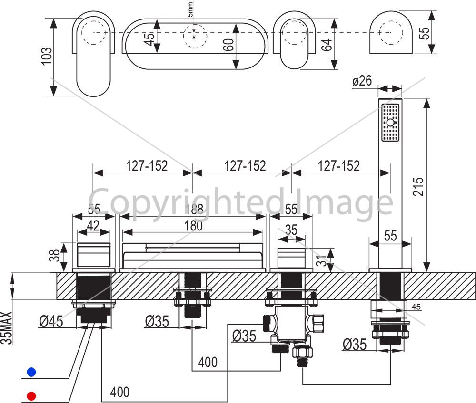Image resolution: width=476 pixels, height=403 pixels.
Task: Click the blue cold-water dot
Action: tap(31, 372)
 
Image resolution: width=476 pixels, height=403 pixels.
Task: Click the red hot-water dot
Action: tap(31, 396)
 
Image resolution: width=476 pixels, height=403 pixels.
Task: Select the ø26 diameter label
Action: tap(362, 81)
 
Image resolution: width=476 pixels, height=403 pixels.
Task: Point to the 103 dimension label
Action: tap(47, 56)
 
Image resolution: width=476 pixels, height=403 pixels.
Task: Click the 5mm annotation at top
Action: tap(190, 9)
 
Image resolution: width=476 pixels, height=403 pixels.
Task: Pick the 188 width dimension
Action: tap(194, 209)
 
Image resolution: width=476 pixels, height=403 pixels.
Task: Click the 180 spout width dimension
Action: tap(193, 225)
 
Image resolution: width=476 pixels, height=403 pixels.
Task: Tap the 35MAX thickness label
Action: tap(7, 327)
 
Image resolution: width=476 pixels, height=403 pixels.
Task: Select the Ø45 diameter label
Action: tap(51, 321)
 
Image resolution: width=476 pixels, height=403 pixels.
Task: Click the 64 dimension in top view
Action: tap(327, 45)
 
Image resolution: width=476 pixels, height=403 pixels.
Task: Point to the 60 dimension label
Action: tap(230, 45)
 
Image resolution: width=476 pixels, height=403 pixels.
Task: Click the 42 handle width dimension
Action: tap(93, 226)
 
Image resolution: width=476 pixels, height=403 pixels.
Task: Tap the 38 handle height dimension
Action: tap(54, 255)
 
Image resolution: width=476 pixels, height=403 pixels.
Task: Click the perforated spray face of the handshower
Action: tap(390, 123)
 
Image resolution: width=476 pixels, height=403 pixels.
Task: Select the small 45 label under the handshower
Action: tap(416, 307)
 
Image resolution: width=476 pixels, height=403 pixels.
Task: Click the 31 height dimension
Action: tap(321, 260)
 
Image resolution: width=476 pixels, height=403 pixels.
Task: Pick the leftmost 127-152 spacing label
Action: tap(147, 166)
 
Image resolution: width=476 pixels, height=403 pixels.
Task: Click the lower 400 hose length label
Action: tap(120, 392)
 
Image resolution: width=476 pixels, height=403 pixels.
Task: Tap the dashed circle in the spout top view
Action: tap(195, 36)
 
